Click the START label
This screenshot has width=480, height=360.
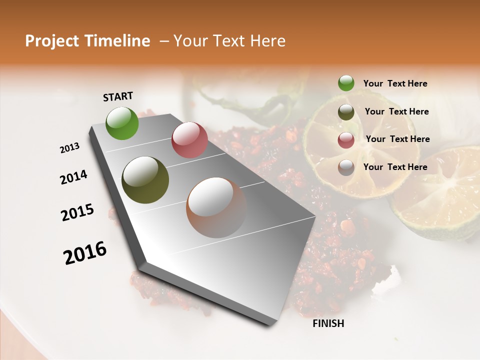pyautogui.click(x=118, y=96)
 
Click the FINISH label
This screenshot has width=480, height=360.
pyautogui.click(x=328, y=323)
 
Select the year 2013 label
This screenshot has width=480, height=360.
pyautogui.click(x=69, y=148)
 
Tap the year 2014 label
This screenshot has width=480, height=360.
pyautogui.click(x=73, y=177)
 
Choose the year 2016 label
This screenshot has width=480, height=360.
pyautogui.click(x=85, y=253)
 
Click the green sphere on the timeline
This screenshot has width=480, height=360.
pyautogui.click(x=122, y=123)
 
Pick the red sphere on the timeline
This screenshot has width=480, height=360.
pyautogui.click(x=189, y=140)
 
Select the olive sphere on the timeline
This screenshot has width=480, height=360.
pyautogui.click(x=145, y=180)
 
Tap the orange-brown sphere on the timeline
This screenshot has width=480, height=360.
pyautogui.click(x=216, y=207)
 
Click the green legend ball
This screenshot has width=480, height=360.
pyautogui.click(x=346, y=83)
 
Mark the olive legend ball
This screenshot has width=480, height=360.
pyautogui.click(x=346, y=112)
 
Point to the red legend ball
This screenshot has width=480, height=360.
pyautogui.click(x=346, y=140)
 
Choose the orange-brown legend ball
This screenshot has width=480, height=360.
pyautogui.click(x=346, y=167)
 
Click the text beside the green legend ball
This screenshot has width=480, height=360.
pyautogui.click(x=395, y=84)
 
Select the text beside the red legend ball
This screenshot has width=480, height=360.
pyautogui.click(x=397, y=139)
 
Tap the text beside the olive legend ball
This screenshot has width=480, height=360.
pyautogui.click(x=396, y=111)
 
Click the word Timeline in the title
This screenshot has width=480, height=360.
pyautogui.click(x=117, y=41)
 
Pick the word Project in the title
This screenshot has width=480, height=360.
pyautogui.click(x=52, y=41)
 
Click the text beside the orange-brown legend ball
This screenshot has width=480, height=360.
pyautogui.click(x=395, y=167)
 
